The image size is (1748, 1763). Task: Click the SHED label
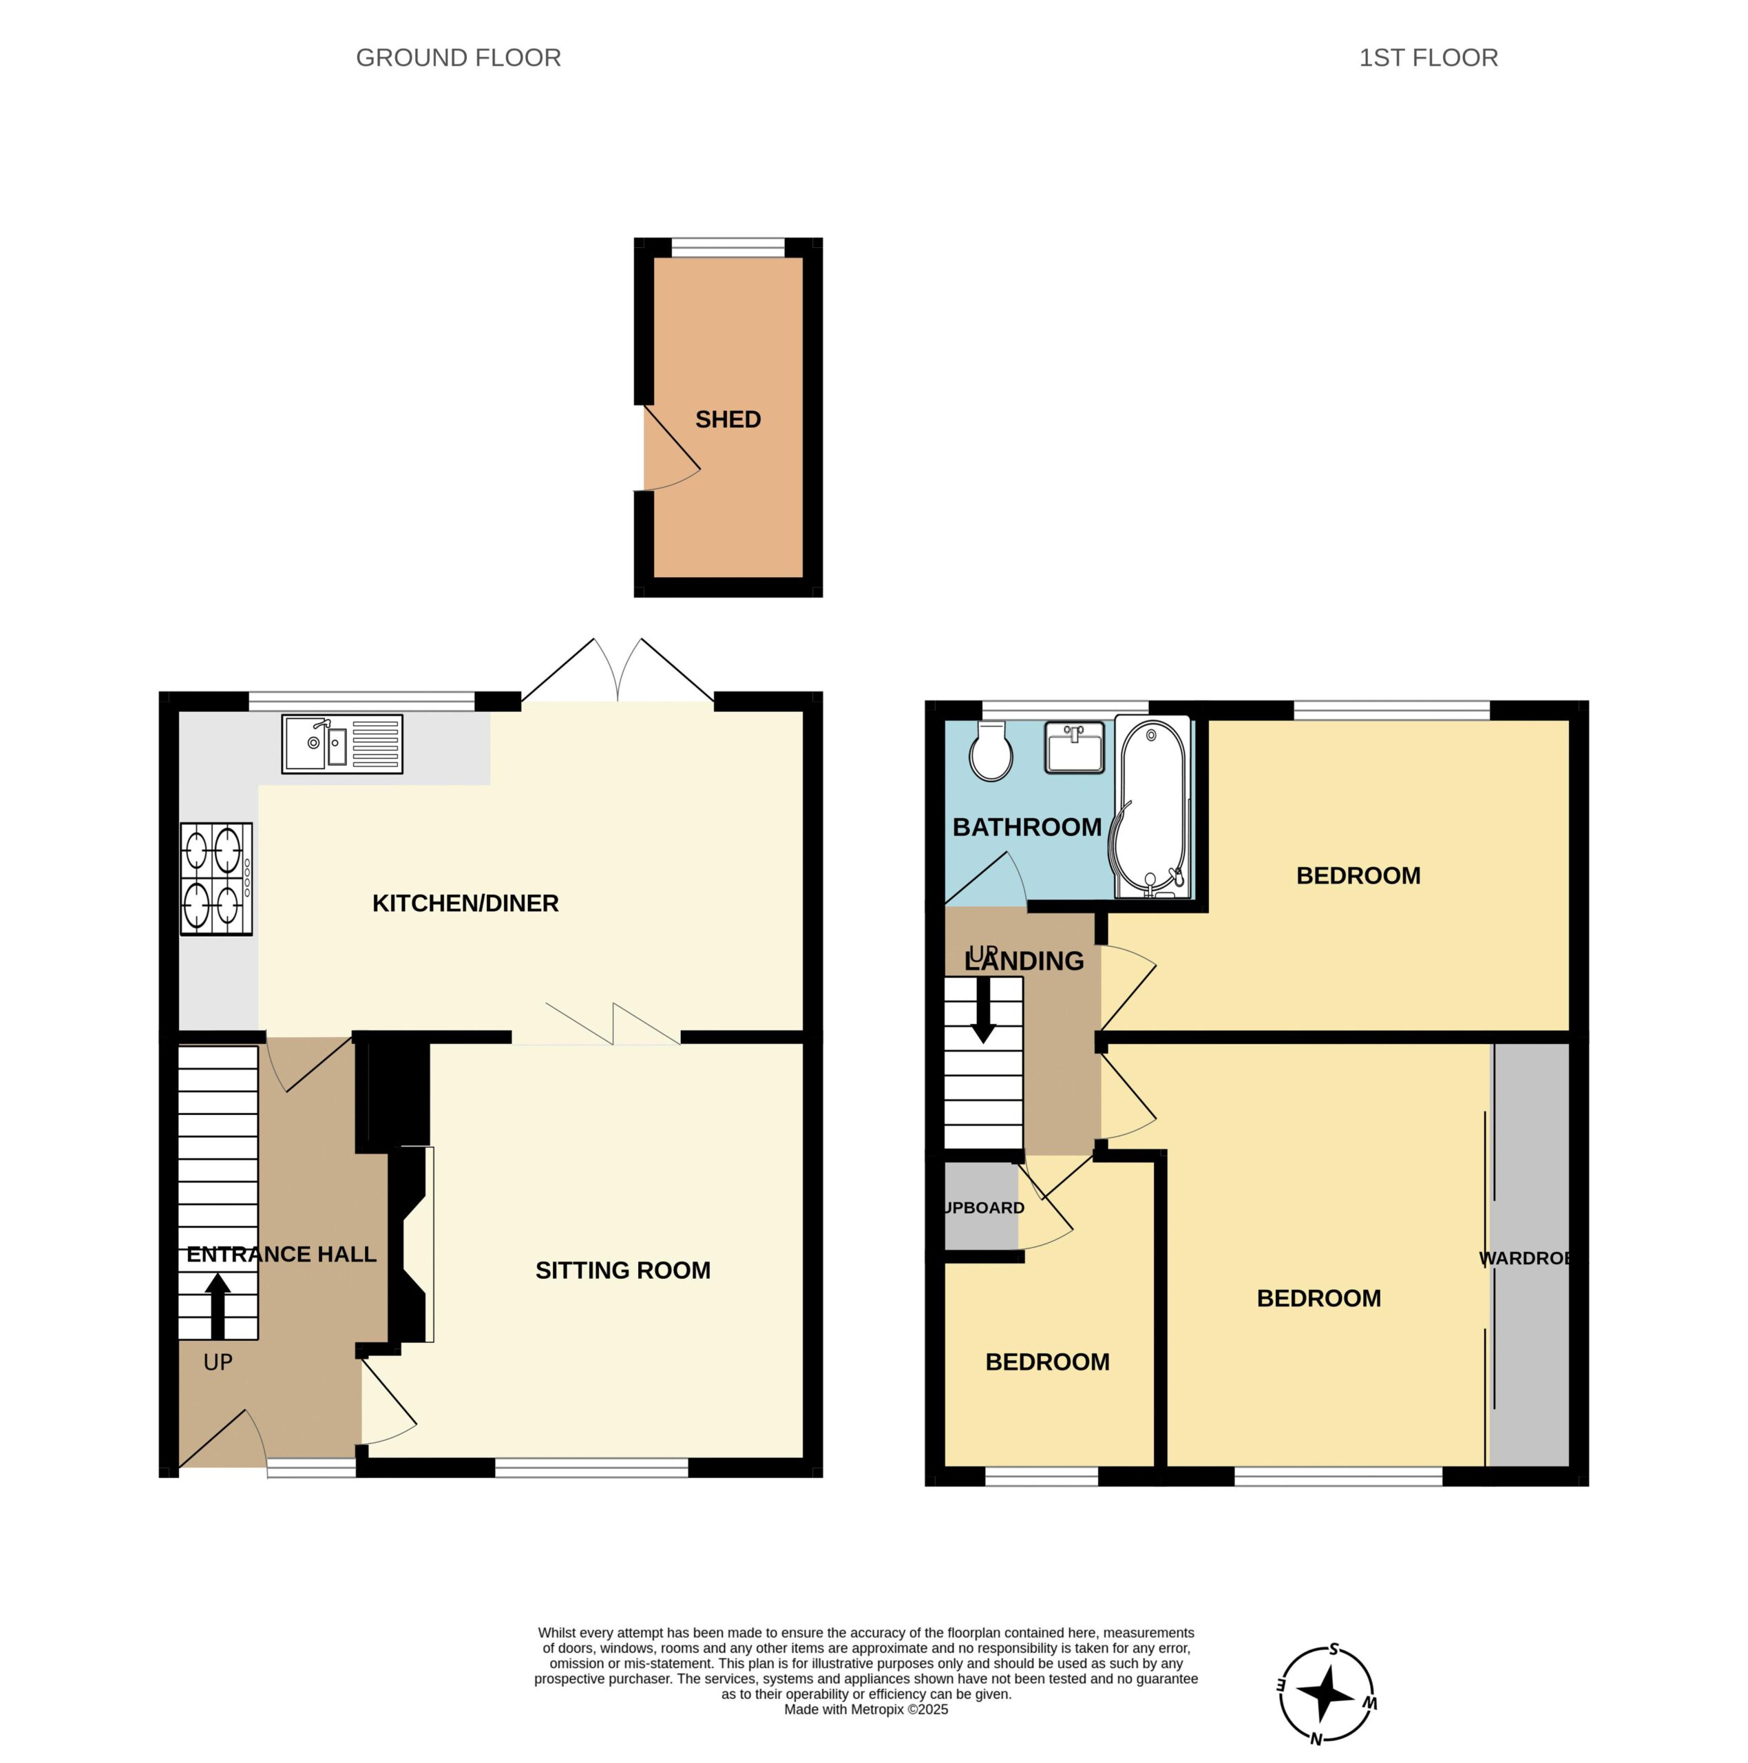pos(727,420)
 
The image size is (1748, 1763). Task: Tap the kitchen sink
pos(342,744)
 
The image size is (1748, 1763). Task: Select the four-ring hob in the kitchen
pos(216,879)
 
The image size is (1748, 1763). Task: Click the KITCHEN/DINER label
pos(465,904)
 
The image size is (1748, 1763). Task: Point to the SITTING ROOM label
pos(622,1270)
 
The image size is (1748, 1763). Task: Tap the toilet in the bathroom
pos(991,752)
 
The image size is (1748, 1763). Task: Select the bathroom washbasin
pos(1074,747)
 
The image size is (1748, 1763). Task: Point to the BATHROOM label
pos(1026,828)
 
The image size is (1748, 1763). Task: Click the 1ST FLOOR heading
pos(1428,57)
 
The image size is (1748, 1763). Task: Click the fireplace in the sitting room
pos(410,1244)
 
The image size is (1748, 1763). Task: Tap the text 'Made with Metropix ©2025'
pos(866,1709)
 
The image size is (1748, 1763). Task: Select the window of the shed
pos(728,247)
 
